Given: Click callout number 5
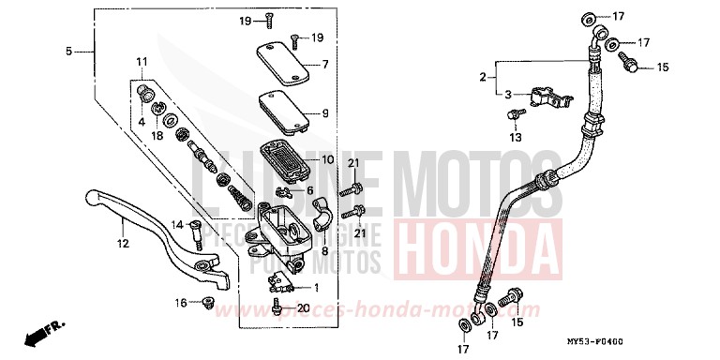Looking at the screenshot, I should [x=68, y=52].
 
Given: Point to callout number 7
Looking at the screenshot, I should [x=325, y=65].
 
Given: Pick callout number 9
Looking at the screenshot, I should [x=325, y=113].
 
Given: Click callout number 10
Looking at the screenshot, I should [x=327, y=159].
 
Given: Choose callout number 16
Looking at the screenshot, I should [x=182, y=303].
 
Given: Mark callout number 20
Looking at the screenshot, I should [x=302, y=308].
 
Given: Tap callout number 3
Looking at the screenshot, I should [x=507, y=95].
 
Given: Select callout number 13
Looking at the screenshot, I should [x=514, y=137].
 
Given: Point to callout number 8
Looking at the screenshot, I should [x=326, y=251].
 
